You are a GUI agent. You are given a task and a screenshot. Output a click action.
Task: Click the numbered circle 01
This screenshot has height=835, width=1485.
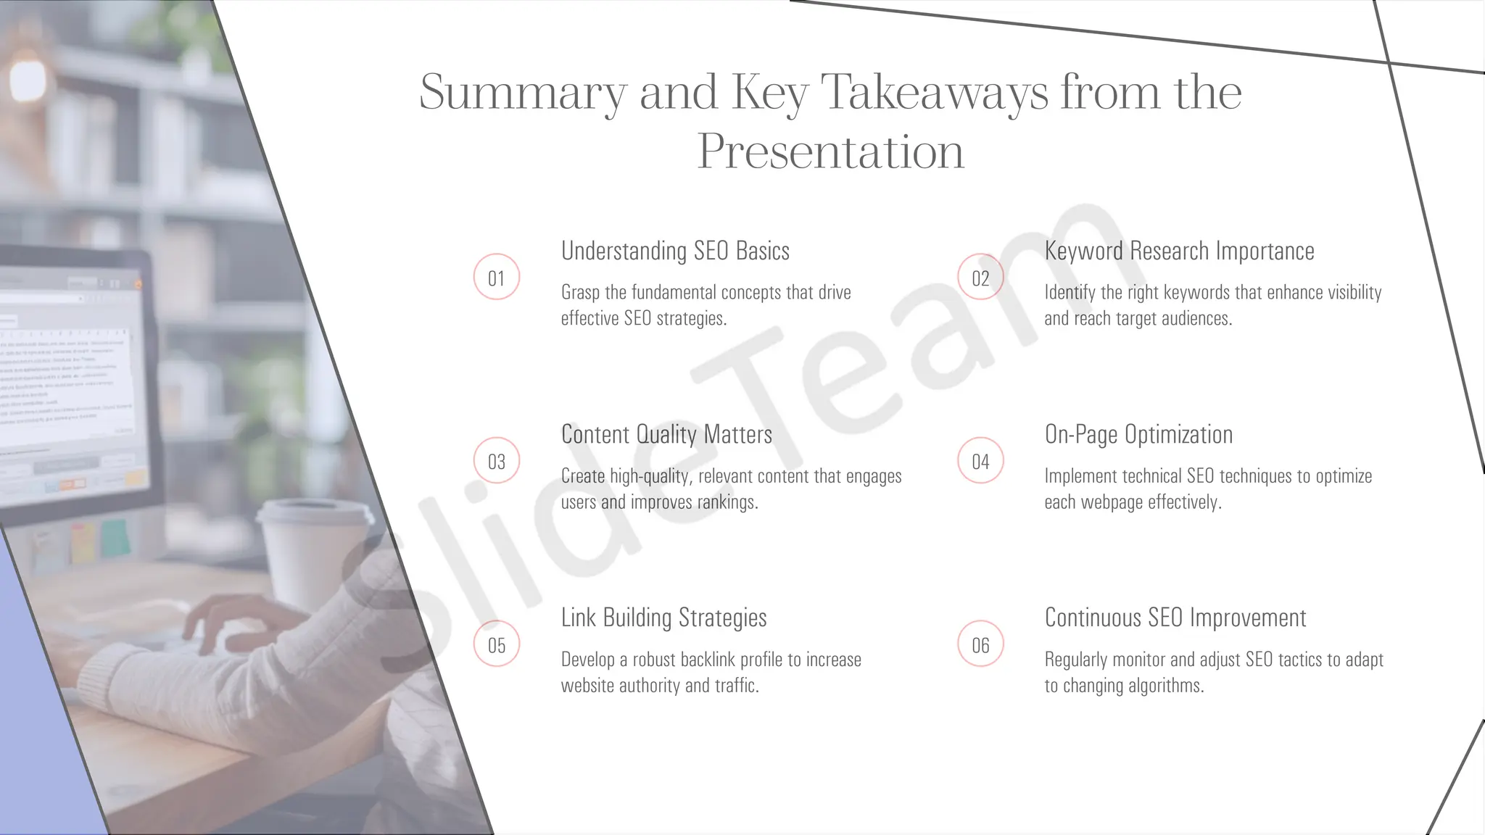pyautogui.click(x=497, y=278)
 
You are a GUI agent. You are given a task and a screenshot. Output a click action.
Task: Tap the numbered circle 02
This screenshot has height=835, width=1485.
pyautogui.click(x=980, y=278)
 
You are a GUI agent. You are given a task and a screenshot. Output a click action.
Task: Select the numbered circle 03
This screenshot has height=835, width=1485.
pyautogui.click(x=497, y=461)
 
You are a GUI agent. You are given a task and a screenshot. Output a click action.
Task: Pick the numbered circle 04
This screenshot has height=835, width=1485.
pyautogui.click(x=980, y=461)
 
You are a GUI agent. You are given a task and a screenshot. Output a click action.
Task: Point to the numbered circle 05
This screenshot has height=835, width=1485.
pyautogui.click(x=497, y=644)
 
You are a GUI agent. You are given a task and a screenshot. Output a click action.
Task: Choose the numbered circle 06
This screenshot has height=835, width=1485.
pyautogui.click(x=980, y=644)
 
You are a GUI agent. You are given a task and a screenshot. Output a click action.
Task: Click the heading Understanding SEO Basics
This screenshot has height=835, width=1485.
pyautogui.click(x=675, y=251)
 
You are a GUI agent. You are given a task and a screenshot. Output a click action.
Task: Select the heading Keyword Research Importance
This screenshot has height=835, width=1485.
pyautogui.click(x=1179, y=251)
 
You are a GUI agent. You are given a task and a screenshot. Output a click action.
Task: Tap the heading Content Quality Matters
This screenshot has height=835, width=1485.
pyautogui.click(x=666, y=434)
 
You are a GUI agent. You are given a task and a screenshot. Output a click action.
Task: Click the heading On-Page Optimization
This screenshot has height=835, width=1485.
pyautogui.click(x=1138, y=434)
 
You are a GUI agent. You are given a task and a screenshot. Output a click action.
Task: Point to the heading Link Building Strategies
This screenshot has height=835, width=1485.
pyautogui.click(x=663, y=618)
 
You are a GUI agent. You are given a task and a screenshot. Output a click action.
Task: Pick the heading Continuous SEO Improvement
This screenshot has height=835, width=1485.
pyautogui.click(x=1175, y=618)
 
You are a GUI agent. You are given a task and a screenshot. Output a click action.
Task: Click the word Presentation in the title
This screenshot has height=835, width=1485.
pyautogui.click(x=830, y=152)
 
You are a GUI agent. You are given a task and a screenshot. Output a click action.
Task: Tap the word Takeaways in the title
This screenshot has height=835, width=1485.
pyautogui.click(x=934, y=93)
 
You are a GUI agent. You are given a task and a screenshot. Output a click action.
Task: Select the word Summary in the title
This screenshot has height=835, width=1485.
pyautogui.click(x=522, y=93)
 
